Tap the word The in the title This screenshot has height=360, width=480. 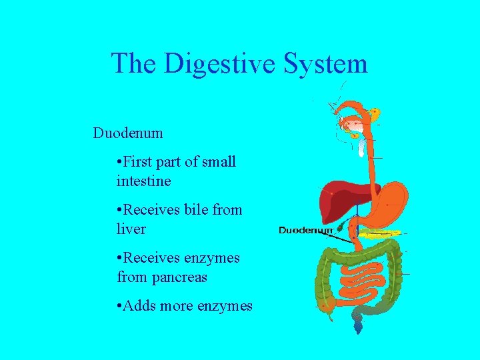135,64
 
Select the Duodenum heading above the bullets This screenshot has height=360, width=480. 128,133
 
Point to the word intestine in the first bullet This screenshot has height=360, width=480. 143,181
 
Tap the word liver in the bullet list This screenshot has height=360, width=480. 131,229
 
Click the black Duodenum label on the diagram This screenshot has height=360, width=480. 305,231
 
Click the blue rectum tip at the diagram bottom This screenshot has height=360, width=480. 359,326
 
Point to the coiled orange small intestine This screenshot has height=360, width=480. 363,277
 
